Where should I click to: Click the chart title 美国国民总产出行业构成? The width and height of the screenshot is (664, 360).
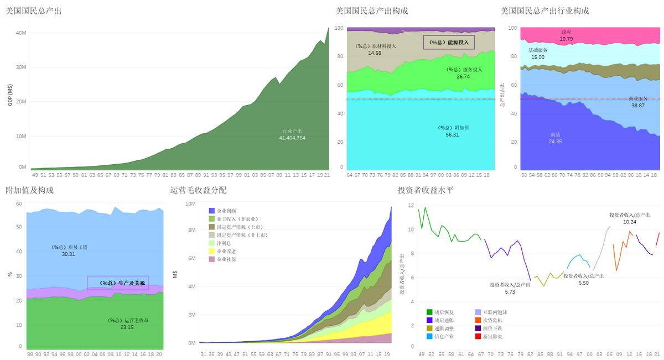544,11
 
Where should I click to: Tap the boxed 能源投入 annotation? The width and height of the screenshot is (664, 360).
449,42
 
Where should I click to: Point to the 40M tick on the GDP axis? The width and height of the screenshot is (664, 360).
21,33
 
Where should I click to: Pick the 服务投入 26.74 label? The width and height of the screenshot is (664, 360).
464,73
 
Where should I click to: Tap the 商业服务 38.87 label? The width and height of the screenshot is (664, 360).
637,102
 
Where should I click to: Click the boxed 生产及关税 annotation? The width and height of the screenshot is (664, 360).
118,283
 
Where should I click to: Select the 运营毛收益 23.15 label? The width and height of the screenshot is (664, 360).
128,324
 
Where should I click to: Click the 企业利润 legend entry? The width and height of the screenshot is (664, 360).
226,211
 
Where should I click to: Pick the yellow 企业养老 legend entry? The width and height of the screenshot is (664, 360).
226,251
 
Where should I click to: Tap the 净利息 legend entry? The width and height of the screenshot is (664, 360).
223,243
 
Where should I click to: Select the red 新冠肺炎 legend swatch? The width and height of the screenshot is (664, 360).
478,336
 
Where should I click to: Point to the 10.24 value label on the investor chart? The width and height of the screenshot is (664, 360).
630,222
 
